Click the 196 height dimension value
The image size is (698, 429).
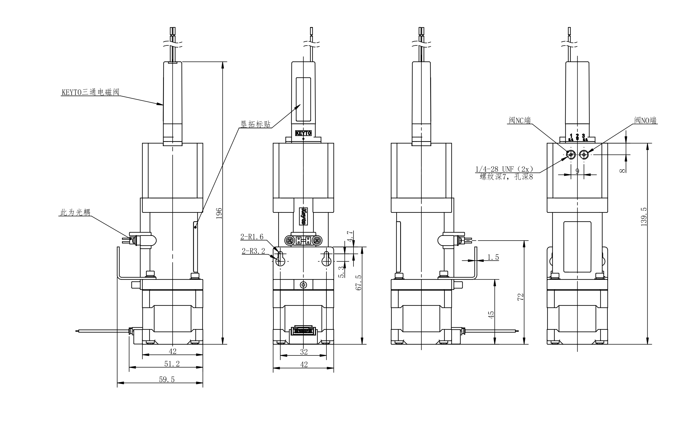[219, 213]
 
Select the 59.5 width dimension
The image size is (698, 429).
[167, 379]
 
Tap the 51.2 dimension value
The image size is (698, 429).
[172, 364]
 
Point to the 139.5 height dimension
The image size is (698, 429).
[644, 217]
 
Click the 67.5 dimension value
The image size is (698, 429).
[359, 282]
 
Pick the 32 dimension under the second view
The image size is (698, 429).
[304, 352]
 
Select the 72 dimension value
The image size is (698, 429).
[521, 297]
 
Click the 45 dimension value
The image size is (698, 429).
[491, 315]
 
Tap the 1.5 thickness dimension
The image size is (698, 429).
[493, 257]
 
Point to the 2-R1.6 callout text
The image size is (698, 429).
[252, 237]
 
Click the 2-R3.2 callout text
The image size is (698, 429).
[253, 251]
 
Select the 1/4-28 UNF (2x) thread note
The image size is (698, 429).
[504, 169]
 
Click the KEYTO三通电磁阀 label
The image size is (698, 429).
[90, 92]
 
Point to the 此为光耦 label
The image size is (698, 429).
[75, 212]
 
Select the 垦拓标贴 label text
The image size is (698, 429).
[256, 124]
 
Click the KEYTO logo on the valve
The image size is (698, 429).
[303, 133]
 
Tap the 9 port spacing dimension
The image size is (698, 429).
[577, 171]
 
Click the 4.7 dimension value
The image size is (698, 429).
[350, 236]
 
